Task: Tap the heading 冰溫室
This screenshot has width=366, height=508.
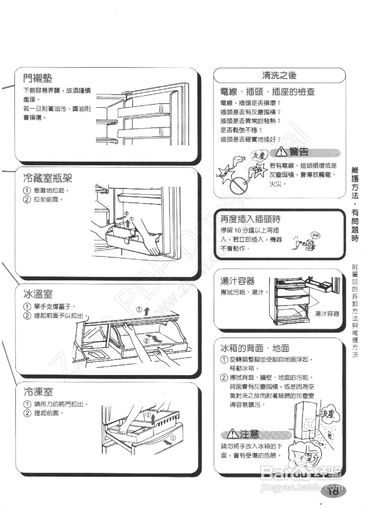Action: [x=38, y=294]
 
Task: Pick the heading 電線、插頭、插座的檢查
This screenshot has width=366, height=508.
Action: [x=267, y=92]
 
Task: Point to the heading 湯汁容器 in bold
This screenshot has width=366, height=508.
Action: [x=237, y=281]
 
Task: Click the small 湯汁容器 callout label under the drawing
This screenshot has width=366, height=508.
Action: [x=327, y=314]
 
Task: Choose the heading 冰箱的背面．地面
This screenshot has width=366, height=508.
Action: [x=255, y=348]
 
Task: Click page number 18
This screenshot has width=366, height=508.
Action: [x=333, y=492]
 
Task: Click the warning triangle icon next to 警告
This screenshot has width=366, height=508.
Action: [x=282, y=152]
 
